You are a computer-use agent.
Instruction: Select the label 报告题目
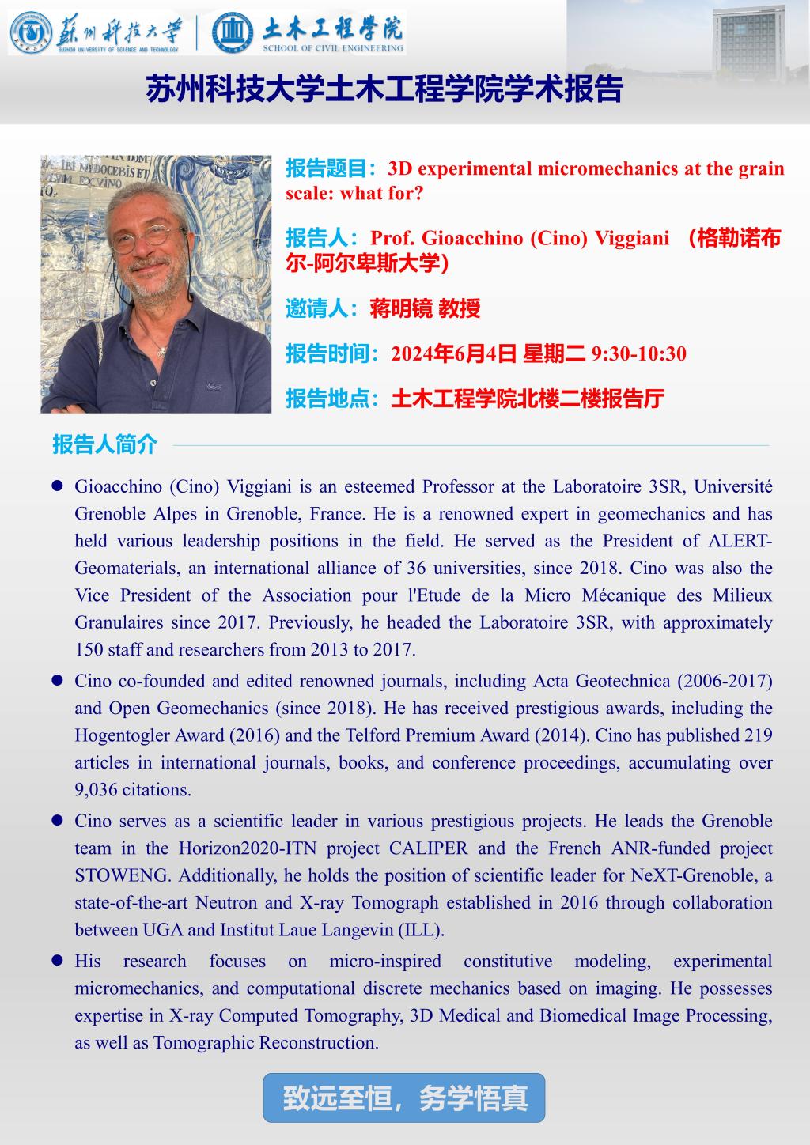point(332,169)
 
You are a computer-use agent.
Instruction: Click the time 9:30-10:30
point(639,353)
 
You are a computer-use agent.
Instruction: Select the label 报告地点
point(332,399)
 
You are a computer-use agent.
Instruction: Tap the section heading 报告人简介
point(105,444)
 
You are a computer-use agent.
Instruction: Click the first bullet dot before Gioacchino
point(58,486)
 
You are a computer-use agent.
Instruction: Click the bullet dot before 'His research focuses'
point(58,961)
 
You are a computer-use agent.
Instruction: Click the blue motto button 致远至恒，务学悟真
point(404,1098)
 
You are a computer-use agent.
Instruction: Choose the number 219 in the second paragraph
point(758,735)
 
